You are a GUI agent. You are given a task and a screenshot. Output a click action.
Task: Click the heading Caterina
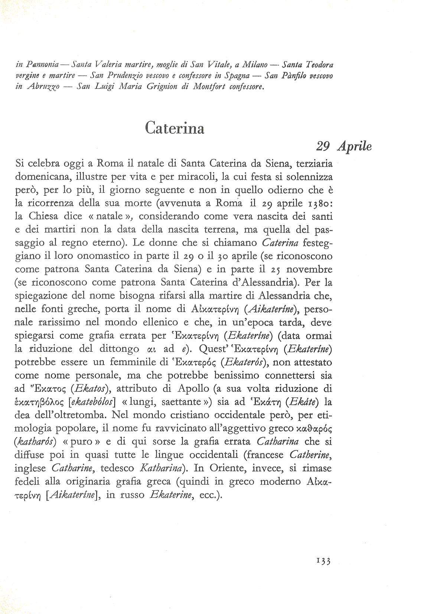[x=175, y=128]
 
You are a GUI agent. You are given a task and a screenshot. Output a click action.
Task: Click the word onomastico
[x=124, y=256]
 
